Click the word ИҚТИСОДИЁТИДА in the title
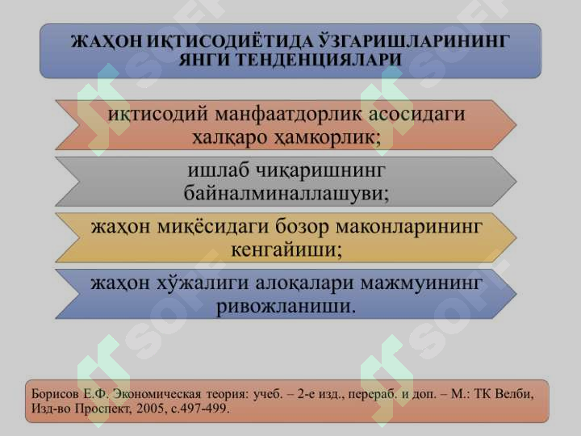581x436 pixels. pyautogui.click(x=228, y=41)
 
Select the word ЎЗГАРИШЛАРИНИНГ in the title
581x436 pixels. pyautogui.click(x=413, y=41)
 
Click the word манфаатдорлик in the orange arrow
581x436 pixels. pyautogui.click(x=288, y=114)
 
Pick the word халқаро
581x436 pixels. pyautogui.click(x=230, y=138)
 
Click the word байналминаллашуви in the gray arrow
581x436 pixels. pyautogui.click(x=286, y=194)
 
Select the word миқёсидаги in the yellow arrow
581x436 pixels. pyautogui.click(x=213, y=227)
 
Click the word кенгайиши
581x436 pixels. pyautogui.click(x=286, y=249)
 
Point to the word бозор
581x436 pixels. pyautogui.click(x=302, y=227)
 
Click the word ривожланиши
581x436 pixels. pyautogui.click(x=286, y=307)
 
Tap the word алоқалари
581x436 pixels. pyautogui.click(x=304, y=283)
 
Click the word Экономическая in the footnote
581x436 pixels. pyautogui.click(x=157, y=393)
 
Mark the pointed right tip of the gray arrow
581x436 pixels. pyautogui.click(x=516, y=182)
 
